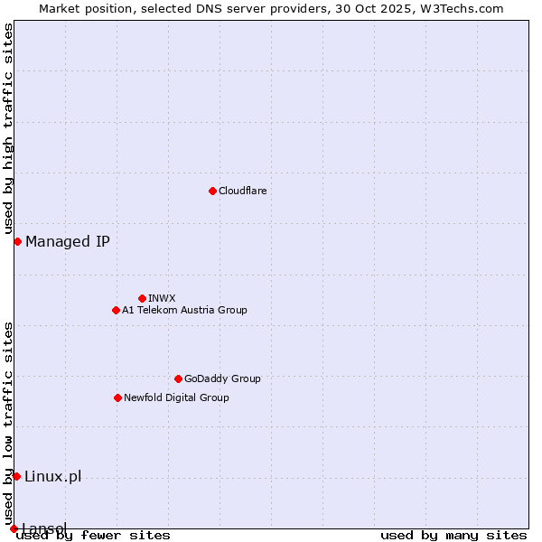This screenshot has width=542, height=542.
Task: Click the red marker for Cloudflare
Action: click(x=212, y=191)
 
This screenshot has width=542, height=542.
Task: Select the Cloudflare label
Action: click(x=243, y=191)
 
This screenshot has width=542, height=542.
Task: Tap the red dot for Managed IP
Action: click(x=17, y=241)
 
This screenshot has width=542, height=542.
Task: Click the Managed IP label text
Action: click(x=68, y=241)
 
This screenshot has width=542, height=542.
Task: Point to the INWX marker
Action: click(x=142, y=298)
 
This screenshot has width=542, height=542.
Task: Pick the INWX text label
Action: click(x=162, y=298)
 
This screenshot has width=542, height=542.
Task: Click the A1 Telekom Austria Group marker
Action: click(x=116, y=310)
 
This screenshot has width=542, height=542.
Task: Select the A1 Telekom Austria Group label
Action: click(x=184, y=310)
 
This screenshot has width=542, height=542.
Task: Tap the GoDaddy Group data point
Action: click(x=178, y=378)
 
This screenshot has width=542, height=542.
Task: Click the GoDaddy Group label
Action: click(x=222, y=378)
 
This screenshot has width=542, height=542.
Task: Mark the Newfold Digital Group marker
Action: click(x=117, y=397)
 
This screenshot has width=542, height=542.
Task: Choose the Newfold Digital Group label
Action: click(x=176, y=397)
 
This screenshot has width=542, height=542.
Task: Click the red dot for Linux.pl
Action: click(x=16, y=476)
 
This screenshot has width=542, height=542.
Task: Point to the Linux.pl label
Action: click(x=52, y=476)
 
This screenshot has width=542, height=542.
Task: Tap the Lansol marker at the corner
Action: click(x=14, y=528)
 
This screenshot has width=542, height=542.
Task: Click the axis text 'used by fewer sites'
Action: click(x=93, y=536)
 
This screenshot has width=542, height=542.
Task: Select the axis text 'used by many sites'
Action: click(x=453, y=536)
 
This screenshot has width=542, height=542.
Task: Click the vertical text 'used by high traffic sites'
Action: click(x=8, y=130)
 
